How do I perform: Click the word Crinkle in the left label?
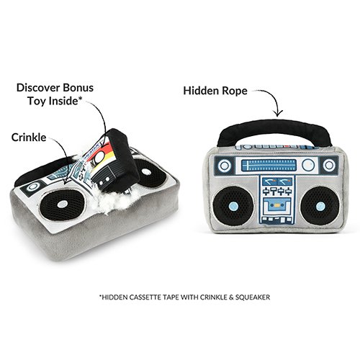pyautogui.click(x=29, y=138)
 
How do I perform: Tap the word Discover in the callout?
pyautogui.click(x=38, y=88)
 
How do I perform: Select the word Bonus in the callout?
pyautogui.click(x=78, y=88)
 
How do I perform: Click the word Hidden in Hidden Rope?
pyautogui.click(x=201, y=91)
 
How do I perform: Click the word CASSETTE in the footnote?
pyautogui.click(x=146, y=297)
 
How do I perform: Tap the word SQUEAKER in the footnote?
pyautogui.click(x=253, y=297)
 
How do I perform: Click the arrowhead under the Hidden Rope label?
pyautogui.click(x=278, y=114)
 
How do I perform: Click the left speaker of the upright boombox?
pyautogui.click(x=233, y=205)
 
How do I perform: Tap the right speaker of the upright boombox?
pyautogui.click(x=320, y=206)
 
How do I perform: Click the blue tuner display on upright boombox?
pyautogui.click(x=269, y=166)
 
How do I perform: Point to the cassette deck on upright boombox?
pyautogui.click(x=277, y=205)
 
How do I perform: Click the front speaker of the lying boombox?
pyautogui.click(x=62, y=204)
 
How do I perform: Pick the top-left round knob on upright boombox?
pyautogui.click(x=225, y=166)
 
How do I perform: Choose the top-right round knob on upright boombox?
pyautogui.click(x=329, y=165)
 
